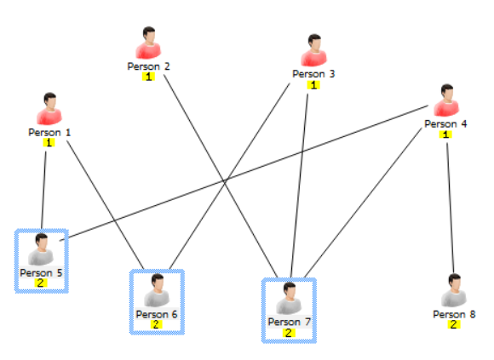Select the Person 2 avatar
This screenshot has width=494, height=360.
(148, 43)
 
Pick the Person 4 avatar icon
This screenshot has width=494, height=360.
(445, 101)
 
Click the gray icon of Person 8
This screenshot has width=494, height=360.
(454, 291)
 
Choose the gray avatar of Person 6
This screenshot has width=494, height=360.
(156, 292)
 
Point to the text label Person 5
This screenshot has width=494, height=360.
(41, 272)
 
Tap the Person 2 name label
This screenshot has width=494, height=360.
(148, 66)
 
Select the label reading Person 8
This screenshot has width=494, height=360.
(454, 314)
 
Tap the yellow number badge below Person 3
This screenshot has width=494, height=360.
(313, 84)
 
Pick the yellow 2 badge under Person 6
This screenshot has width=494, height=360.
(156, 324)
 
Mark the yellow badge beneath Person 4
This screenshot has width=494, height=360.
(445, 134)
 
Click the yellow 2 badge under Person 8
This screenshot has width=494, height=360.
(454, 324)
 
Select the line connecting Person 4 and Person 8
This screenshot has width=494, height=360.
(449, 204)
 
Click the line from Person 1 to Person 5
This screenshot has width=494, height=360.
(44, 187)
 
